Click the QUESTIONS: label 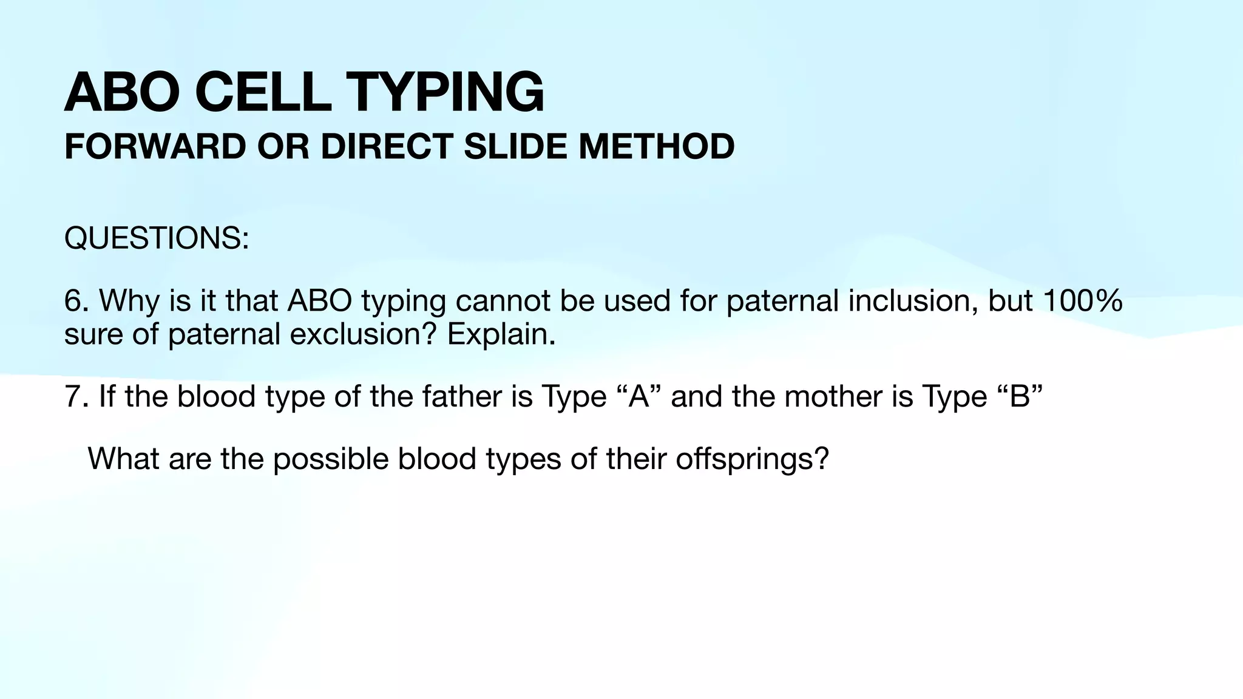157,238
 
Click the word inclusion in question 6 912,301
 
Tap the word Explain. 501,334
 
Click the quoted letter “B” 1020,397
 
